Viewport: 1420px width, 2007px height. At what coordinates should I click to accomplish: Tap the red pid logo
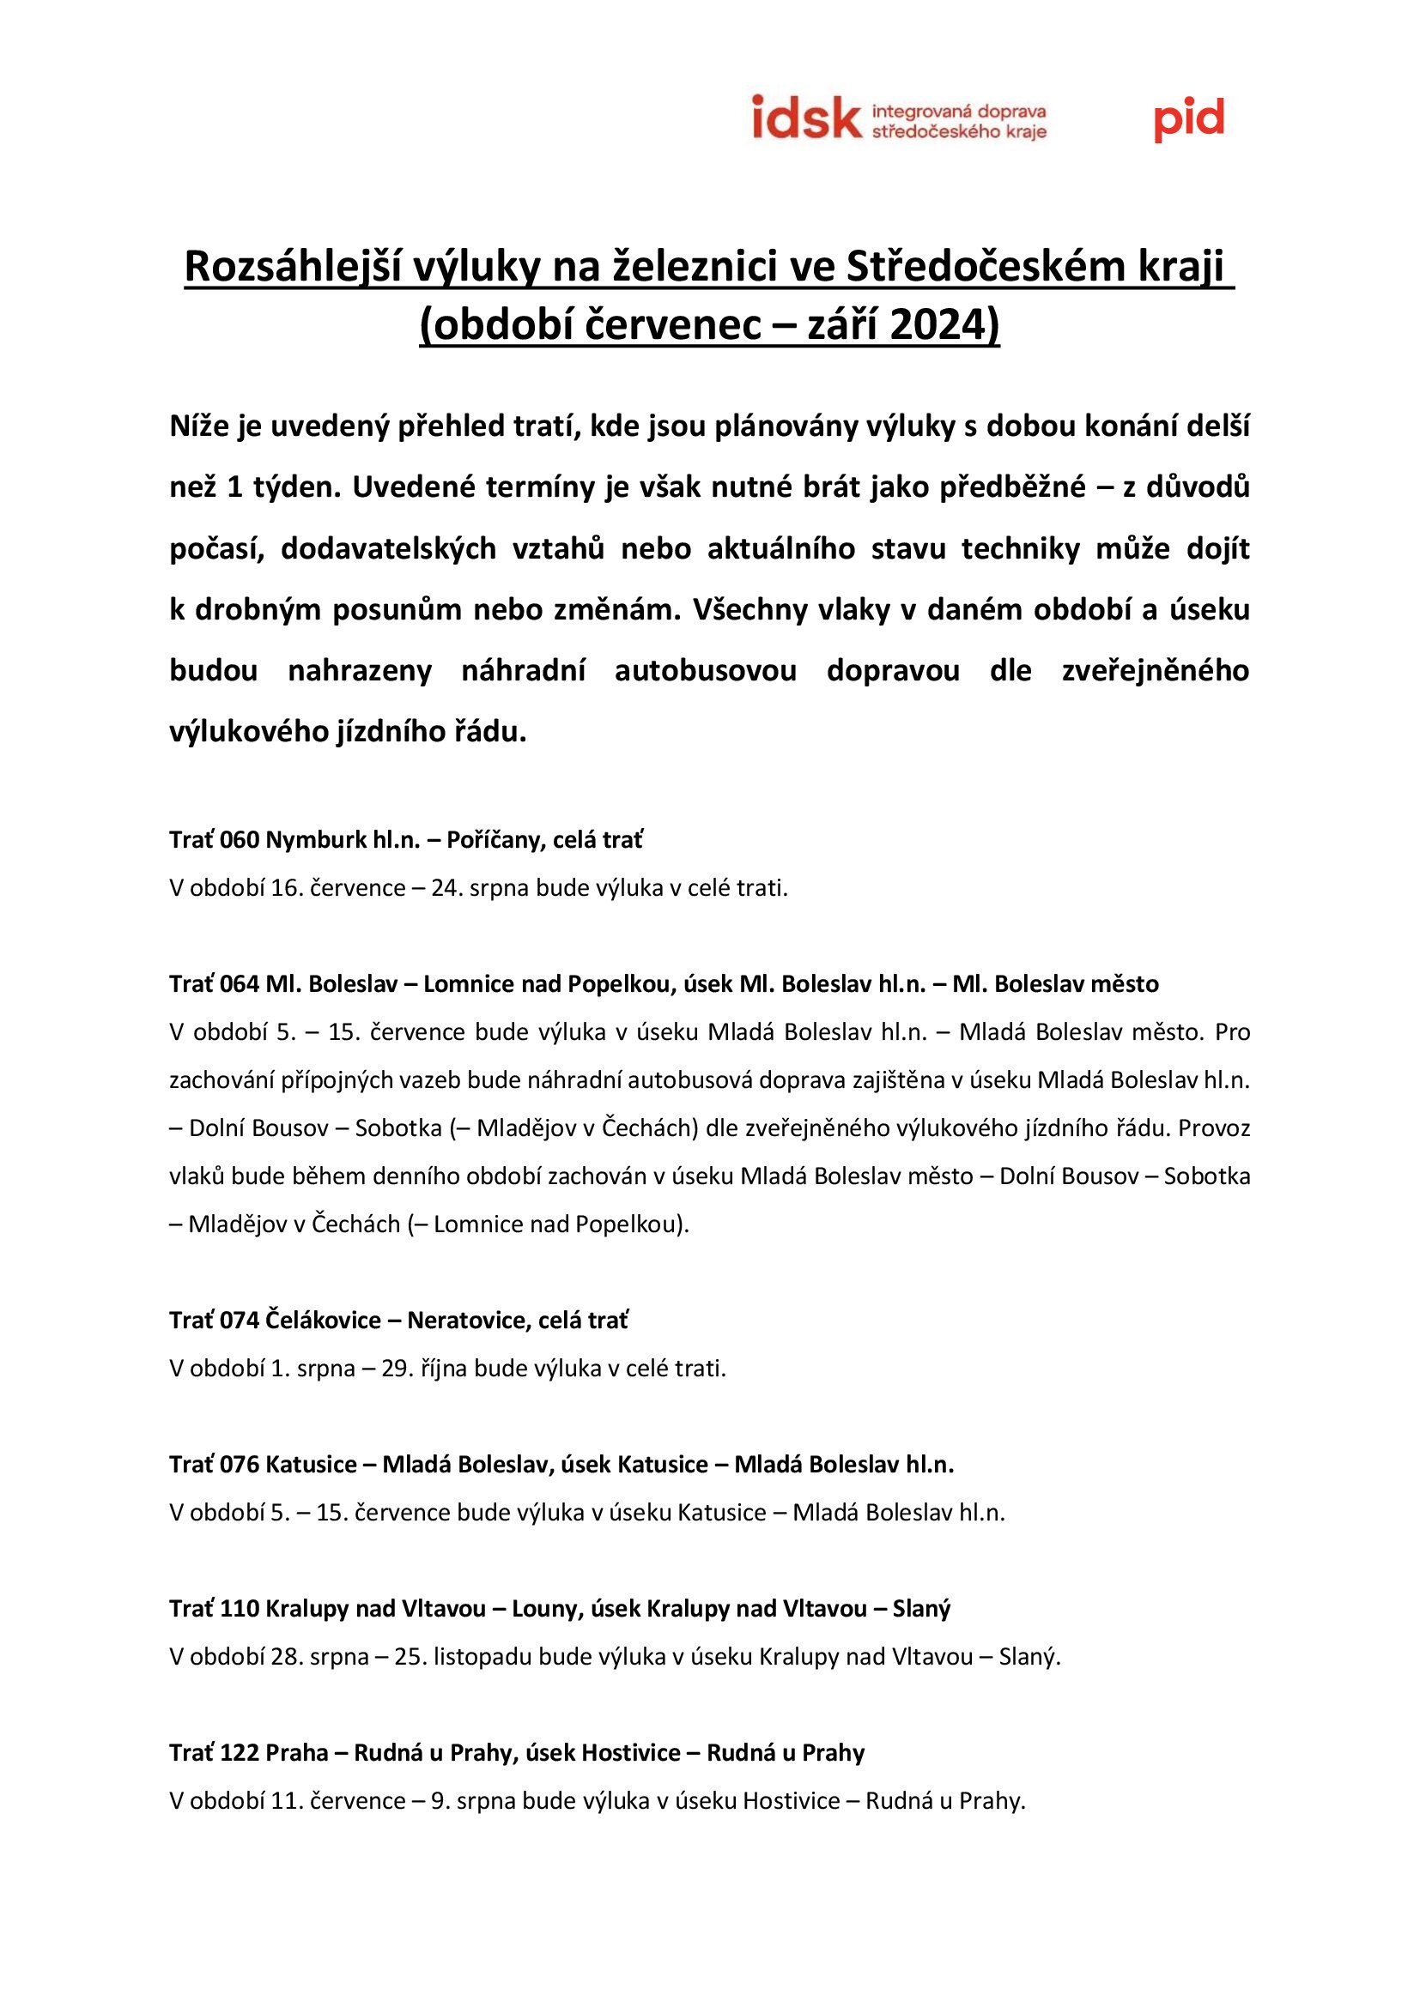1188,120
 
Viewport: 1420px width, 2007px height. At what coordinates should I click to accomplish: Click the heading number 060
240,840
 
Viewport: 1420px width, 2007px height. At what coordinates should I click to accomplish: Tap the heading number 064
240,984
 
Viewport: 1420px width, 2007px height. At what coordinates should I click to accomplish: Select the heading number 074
240,1320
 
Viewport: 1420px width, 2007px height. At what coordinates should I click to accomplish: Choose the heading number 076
240,1464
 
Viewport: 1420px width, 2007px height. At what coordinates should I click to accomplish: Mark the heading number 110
240,1608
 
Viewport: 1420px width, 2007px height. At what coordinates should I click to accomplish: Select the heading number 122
240,1753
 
